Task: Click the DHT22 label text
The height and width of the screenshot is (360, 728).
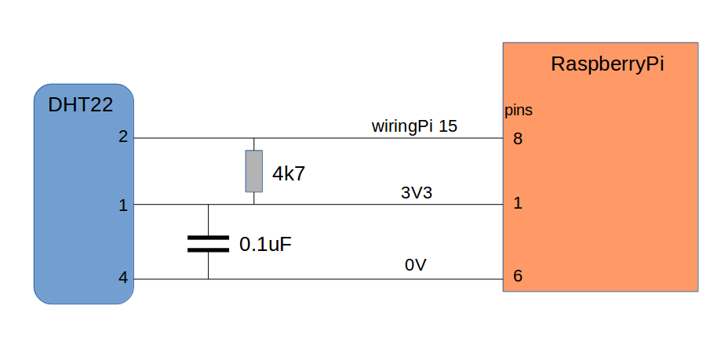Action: (x=80, y=104)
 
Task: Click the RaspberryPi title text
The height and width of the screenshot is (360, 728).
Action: (x=607, y=64)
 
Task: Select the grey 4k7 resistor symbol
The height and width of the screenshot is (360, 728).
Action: (x=253, y=171)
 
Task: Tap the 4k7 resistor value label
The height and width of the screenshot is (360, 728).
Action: (x=288, y=175)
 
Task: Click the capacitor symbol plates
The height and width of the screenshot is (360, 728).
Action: (x=208, y=243)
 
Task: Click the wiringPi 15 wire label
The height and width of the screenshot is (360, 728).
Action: (x=414, y=125)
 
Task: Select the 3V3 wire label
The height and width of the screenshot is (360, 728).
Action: (x=417, y=193)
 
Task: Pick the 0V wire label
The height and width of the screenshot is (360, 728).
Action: (x=415, y=266)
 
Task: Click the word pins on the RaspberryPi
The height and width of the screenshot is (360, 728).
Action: (x=518, y=111)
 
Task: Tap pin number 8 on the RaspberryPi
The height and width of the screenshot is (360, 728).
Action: (x=517, y=139)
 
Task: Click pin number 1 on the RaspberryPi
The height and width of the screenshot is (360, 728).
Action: (x=517, y=204)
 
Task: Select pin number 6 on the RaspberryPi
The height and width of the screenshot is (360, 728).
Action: (x=517, y=277)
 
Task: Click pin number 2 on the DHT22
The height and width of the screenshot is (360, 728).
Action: (x=122, y=137)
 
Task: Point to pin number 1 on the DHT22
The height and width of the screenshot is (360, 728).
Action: (x=122, y=205)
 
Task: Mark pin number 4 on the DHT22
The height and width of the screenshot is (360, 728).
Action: (x=122, y=278)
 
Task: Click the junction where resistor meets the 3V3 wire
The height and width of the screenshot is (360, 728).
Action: (x=253, y=205)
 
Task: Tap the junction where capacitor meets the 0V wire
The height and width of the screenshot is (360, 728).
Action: (x=208, y=279)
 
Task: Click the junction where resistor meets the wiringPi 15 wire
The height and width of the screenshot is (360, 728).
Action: (x=253, y=138)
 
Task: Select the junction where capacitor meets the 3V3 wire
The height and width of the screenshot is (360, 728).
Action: (x=208, y=205)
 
